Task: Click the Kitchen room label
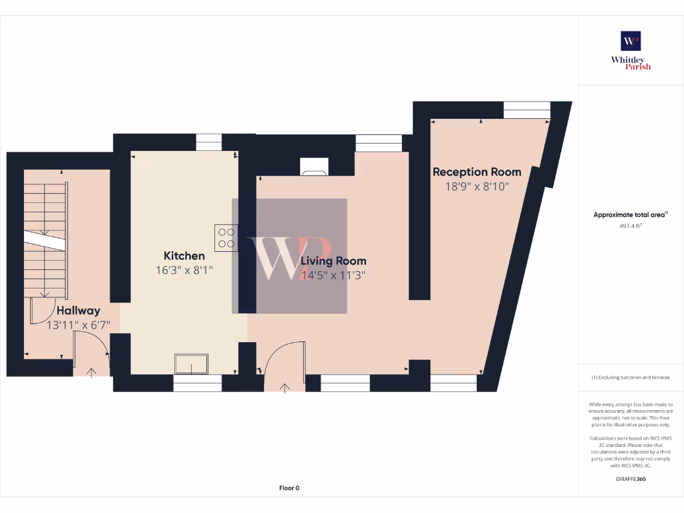pyautogui.click(x=184, y=256)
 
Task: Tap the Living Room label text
pyautogui.click(x=333, y=261)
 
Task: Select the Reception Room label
pyautogui.click(x=477, y=172)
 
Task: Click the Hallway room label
pyautogui.click(x=78, y=311)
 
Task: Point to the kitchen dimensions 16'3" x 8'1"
pyautogui.click(x=184, y=271)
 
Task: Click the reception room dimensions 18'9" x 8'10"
pyautogui.click(x=477, y=187)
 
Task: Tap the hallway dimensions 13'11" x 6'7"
pyautogui.click(x=78, y=325)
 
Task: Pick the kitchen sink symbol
pyautogui.click(x=191, y=364)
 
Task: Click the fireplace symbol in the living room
pyautogui.click(x=314, y=167)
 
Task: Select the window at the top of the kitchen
pyautogui.click(x=208, y=142)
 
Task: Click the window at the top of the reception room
pyautogui.click(x=526, y=110)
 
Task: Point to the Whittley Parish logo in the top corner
pyautogui.click(x=631, y=50)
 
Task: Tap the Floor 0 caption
pyautogui.click(x=289, y=488)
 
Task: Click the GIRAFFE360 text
pyautogui.click(x=631, y=479)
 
